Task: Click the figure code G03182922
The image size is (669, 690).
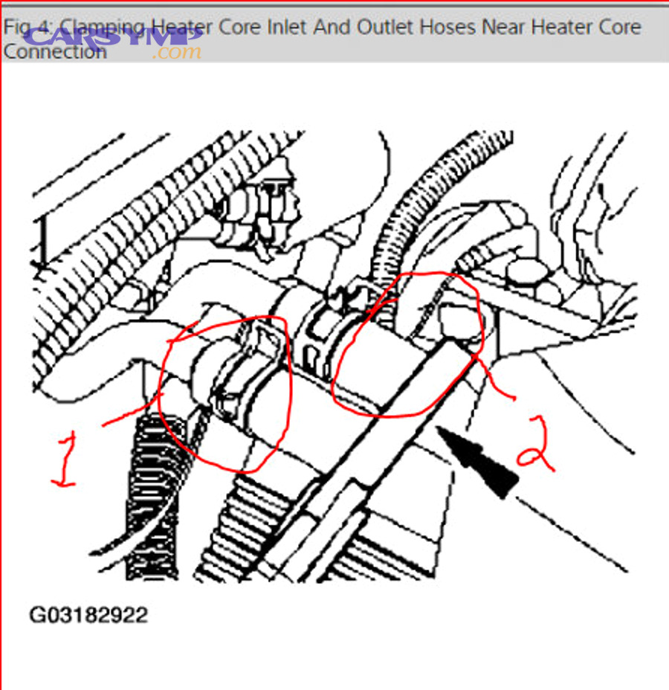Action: pos(88,616)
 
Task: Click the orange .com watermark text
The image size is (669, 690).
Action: pos(177,52)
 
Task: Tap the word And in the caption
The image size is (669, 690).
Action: pos(331,28)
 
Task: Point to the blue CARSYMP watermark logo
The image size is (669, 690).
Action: pos(111,33)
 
